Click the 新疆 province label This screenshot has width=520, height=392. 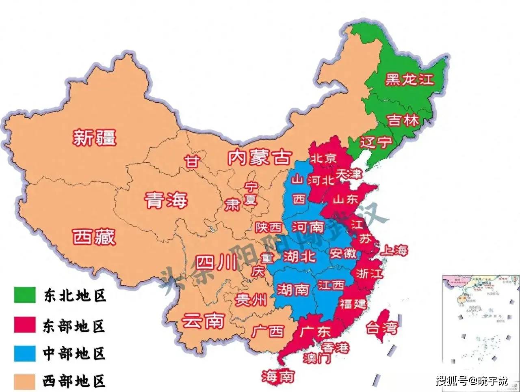[x=95, y=137]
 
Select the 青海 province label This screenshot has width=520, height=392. [x=166, y=200]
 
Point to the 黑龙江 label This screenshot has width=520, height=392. [x=409, y=79]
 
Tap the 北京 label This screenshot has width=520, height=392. [x=323, y=158]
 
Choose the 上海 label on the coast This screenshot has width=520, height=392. [x=393, y=250]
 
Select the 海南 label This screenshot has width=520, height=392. [x=278, y=377]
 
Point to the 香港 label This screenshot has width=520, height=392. [x=336, y=347]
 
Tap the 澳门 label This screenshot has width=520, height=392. [x=317, y=358]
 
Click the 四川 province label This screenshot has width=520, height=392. [x=216, y=263]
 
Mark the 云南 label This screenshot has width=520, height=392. [x=203, y=321]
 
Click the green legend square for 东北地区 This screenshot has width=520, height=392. [x=24, y=295]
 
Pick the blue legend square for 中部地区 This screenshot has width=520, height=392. [x=24, y=353]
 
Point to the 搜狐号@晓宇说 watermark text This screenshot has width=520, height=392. [x=472, y=381]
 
